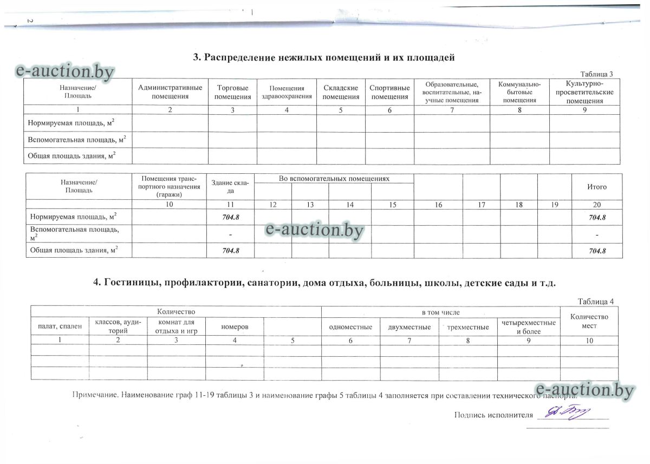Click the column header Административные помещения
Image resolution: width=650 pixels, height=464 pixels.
[x=170, y=92]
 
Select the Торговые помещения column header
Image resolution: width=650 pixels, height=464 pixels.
[x=232, y=92]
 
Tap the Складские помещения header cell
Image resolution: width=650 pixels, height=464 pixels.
[x=341, y=92]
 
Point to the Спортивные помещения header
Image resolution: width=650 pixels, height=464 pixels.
[x=389, y=92]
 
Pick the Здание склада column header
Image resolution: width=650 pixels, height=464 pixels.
[x=230, y=187]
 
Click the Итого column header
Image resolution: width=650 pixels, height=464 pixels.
[x=596, y=187]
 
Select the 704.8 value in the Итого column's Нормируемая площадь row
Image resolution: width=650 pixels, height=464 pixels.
[x=596, y=217]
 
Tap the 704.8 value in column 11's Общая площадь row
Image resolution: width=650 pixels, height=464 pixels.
[x=230, y=251]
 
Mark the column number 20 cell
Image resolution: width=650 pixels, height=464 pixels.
[x=596, y=205]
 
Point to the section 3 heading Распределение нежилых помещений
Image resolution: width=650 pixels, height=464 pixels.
[x=323, y=57]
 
